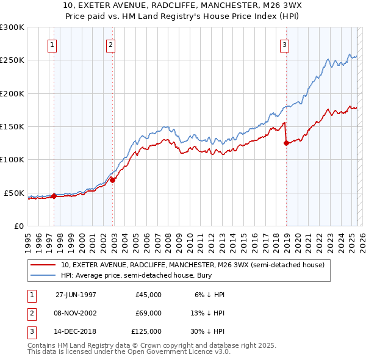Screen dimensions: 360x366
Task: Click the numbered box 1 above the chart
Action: [52, 45]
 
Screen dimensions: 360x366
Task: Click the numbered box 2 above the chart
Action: [110, 45]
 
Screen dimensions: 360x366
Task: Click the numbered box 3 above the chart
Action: [284, 45]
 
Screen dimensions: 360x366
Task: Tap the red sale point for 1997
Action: [54, 196]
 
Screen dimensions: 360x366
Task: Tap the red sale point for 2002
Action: [113, 180]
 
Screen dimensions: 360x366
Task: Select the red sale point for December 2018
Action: [286, 143]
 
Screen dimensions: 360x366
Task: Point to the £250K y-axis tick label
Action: [12, 60]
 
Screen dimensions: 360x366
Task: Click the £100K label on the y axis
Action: [12, 159]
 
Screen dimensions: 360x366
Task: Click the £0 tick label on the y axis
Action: [18, 226]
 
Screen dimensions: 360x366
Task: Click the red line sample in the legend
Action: [43, 265]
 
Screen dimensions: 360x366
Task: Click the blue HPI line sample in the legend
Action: [43, 276]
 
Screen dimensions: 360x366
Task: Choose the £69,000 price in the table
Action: [148, 313]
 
